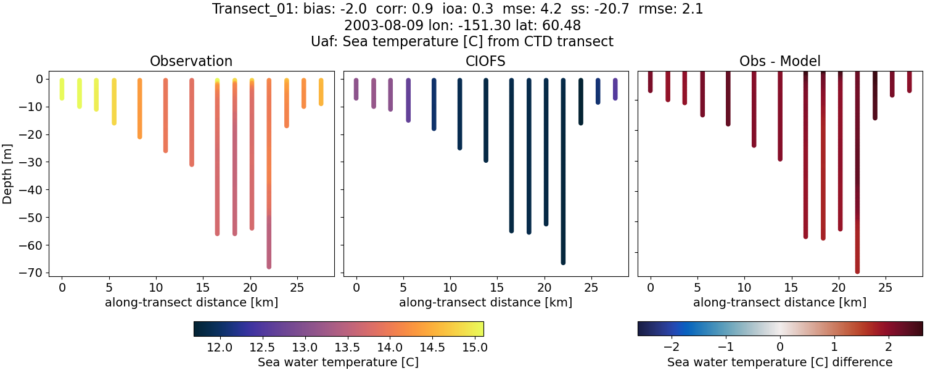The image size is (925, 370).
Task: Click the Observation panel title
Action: [x=191, y=62]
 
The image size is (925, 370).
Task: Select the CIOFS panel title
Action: [x=485, y=62]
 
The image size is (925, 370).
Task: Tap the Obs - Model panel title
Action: [x=779, y=62]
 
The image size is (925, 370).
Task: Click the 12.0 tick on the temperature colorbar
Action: [x=220, y=347]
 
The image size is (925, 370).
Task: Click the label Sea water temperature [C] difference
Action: [x=780, y=362]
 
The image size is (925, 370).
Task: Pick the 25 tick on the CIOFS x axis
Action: [x=591, y=287]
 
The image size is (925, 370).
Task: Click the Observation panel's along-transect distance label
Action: [x=191, y=303]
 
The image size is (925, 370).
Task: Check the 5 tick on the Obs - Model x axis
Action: [x=697, y=287]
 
